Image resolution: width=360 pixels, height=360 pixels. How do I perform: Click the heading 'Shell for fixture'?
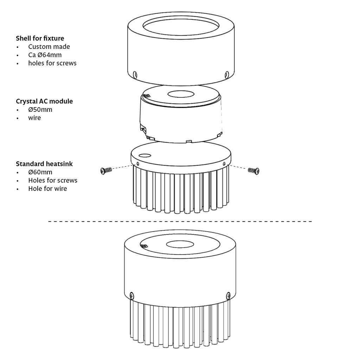click(40, 38)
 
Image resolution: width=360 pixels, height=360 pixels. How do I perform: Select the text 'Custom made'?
click(49, 47)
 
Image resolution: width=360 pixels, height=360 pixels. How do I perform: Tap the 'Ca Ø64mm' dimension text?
click(45, 55)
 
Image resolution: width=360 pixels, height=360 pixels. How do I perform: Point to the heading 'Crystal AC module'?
click(44, 101)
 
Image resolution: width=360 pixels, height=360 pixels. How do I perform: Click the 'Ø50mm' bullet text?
click(40, 110)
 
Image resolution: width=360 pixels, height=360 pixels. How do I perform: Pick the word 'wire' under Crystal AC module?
click(34, 118)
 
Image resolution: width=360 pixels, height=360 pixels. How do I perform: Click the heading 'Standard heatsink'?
click(44, 164)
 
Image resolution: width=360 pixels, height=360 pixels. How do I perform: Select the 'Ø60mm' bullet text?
click(40, 172)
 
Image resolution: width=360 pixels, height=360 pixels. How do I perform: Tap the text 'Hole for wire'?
click(47, 189)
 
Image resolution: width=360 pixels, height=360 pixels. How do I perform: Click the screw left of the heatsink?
click(105, 171)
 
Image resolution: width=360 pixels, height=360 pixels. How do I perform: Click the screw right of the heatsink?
click(253, 171)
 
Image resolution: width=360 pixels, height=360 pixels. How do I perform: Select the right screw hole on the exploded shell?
click(227, 74)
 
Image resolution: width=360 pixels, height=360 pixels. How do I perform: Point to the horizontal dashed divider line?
click(180, 221)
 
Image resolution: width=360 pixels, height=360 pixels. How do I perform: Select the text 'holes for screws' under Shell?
click(52, 63)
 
